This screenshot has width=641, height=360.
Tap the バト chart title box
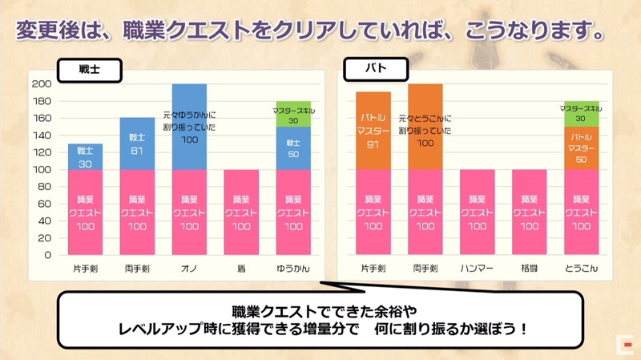click(376, 70)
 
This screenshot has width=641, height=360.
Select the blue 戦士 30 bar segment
click(85, 156)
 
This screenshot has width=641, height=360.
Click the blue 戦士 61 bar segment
click(137, 144)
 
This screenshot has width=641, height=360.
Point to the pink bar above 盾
click(241, 212)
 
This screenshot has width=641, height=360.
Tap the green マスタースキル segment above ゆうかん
click(293, 114)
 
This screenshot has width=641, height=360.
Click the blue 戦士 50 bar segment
click(293, 148)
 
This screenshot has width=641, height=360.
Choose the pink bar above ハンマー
click(478, 212)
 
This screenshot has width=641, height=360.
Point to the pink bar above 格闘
click(530, 212)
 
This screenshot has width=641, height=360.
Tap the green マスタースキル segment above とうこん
click(582, 113)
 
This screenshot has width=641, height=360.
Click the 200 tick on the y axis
click(42, 84)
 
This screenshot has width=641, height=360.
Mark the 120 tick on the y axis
click(42, 152)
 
